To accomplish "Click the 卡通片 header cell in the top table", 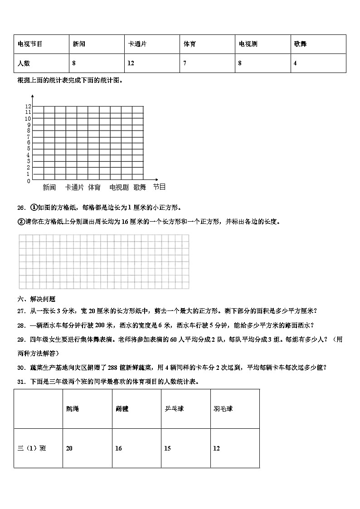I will tap(137, 44).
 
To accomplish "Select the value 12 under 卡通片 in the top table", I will tap(131, 63).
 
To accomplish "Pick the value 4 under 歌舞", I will tap(295, 63).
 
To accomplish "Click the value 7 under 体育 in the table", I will tap(185, 63).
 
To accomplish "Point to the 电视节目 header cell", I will tap(30, 44).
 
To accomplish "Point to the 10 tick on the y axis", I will tap(28, 118).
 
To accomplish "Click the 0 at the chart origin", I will tap(29, 181).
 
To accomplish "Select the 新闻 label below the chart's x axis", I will tap(49, 187).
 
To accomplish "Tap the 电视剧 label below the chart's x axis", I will tap(119, 187).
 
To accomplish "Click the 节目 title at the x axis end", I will tap(159, 187).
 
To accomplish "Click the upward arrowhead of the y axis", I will tap(33, 96).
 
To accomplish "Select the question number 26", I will tap(21, 208).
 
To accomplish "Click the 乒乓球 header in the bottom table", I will tap(174, 409).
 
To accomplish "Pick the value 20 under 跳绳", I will tap(69, 448).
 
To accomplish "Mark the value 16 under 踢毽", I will tap(118, 448).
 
